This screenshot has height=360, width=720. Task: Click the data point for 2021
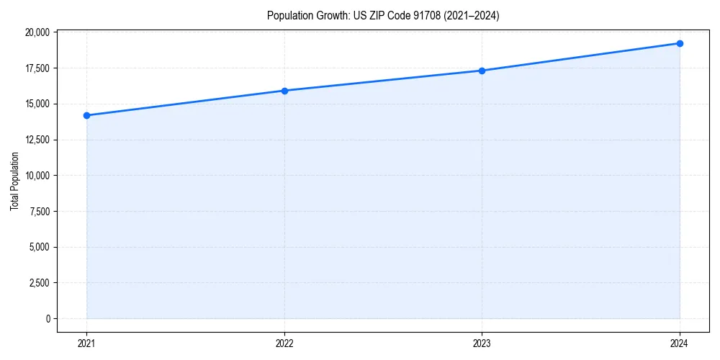pyautogui.click(x=86, y=115)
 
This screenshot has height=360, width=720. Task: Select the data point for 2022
pyautogui.click(x=284, y=91)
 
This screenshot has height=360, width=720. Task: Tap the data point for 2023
pyautogui.click(x=482, y=71)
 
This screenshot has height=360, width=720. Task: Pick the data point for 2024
pyautogui.click(x=680, y=43)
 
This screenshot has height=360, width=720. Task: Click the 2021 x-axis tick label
pyautogui.click(x=86, y=343)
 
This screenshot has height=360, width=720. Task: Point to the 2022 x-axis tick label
pyautogui.click(x=284, y=343)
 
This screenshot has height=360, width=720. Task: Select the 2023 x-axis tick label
pyautogui.click(x=482, y=343)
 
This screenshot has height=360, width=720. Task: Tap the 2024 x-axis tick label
pyautogui.click(x=680, y=343)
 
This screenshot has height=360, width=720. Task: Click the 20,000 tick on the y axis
pyautogui.click(x=37, y=32)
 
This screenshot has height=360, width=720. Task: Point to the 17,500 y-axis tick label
pyautogui.click(x=37, y=68)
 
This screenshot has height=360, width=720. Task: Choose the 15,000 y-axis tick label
pyautogui.click(x=37, y=104)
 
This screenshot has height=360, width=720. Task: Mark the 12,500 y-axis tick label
pyautogui.click(x=37, y=140)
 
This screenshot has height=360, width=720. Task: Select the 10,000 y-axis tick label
pyautogui.click(x=37, y=176)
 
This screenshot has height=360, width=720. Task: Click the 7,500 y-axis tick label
pyautogui.click(x=39, y=211)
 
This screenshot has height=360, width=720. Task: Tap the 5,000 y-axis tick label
pyautogui.click(x=39, y=247)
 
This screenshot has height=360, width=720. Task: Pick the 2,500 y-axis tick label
pyautogui.click(x=39, y=283)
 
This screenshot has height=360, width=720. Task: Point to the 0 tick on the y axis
pyautogui.click(x=48, y=318)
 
